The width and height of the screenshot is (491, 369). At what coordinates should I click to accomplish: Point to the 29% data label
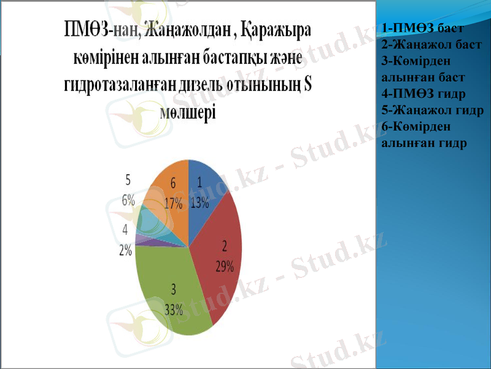tap(224, 266)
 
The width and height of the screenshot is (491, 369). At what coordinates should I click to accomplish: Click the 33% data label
tap(174, 309)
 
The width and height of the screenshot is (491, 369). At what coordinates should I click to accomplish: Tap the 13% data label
tap(199, 204)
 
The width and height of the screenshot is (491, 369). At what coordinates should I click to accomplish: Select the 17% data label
tap(173, 205)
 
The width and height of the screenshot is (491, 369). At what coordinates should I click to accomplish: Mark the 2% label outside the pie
tap(126, 250)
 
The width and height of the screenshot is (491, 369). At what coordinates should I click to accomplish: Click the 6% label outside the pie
tap(128, 200)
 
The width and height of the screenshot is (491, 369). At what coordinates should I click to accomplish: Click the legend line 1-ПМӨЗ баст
tap(421, 28)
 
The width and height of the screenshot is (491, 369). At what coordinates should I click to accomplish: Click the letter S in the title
tap(307, 85)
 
